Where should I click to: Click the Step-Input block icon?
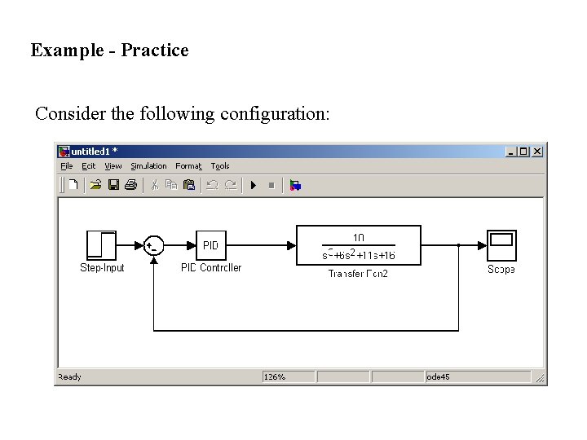coord(101,245)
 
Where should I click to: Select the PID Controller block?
coord(210,245)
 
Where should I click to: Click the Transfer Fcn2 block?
coord(358,245)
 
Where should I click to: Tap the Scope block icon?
coord(501,245)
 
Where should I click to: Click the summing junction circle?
coord(153,245)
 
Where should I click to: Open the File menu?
coord(67,166)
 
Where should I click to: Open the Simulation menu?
coord(148,166)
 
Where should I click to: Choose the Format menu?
coord(188,166)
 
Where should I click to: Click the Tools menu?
coord(220,166)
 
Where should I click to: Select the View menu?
coord(113,166)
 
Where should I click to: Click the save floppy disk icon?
coord(113,185)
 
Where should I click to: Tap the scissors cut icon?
coord(153,185)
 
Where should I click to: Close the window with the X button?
coord(536,152)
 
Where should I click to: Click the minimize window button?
coord(510,152)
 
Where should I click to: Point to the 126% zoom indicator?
coord(275,377)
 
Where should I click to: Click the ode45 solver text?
coord(439,377)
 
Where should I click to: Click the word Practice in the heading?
coord(155,51)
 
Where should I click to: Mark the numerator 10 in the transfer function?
coord(358,236)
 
